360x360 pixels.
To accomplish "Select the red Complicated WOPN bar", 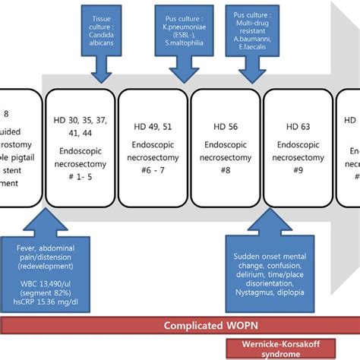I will [x=179, y=326].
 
